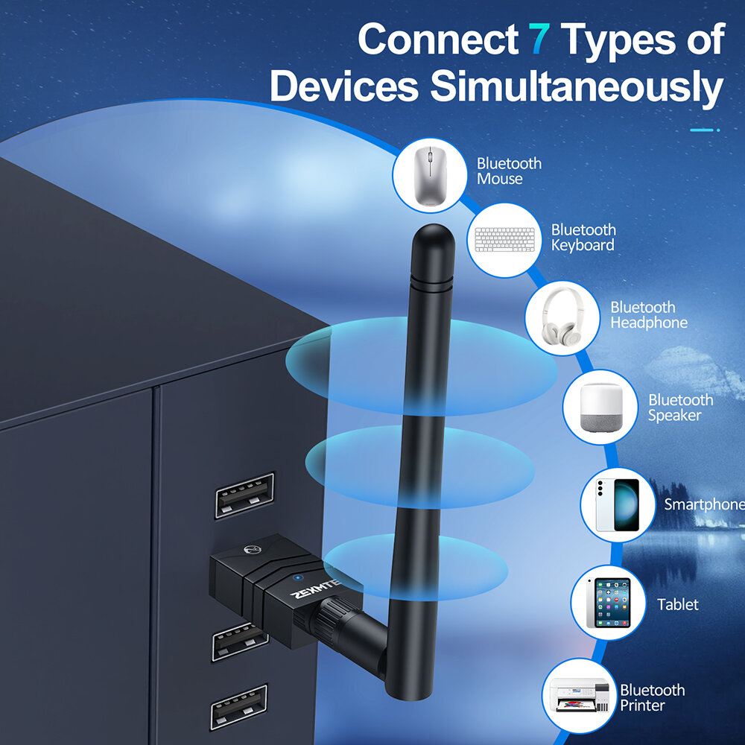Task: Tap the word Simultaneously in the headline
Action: (577, 87)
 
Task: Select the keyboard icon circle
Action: (506, 240)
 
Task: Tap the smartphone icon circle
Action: (618, 504)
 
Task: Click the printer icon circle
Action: (580, 694)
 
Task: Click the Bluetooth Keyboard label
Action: (583, 237)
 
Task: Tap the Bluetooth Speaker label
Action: (680, 408)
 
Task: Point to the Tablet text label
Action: (678, 604)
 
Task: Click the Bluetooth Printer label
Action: (652, 697)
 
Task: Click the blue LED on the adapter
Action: (297, 577)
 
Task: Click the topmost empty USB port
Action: (244, 495)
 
